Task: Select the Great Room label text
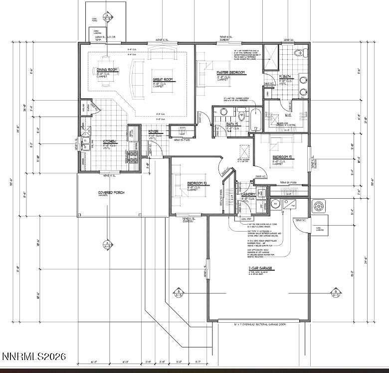[x=162, y=79]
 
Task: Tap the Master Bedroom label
[x=231, y=73]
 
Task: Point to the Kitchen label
[x=109, y=141]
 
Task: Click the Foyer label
[x=154, y=132]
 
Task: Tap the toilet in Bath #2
[x=241, y=116]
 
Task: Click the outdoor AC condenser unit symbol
[x=318, y=205]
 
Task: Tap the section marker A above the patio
[x=106, y=16]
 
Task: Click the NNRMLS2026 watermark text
[x=34, y=357]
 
